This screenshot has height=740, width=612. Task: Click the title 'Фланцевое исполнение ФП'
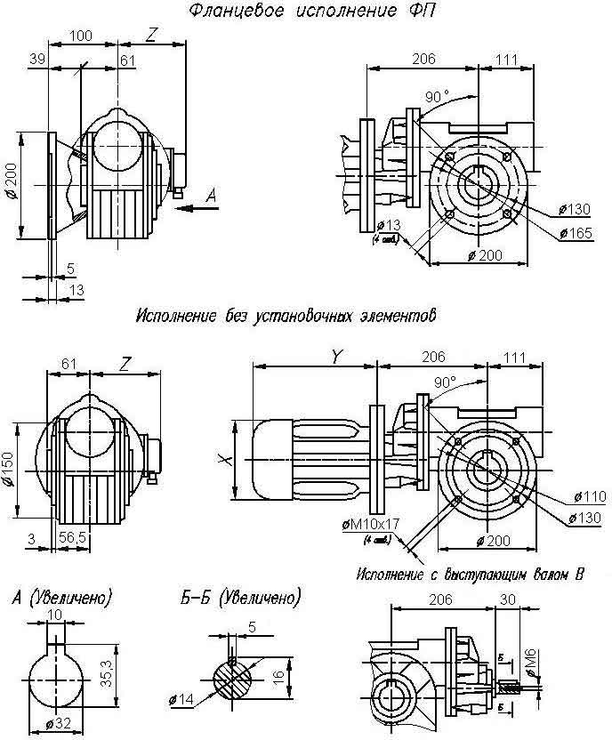(315, 12)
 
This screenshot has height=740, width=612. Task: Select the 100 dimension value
(81, 36)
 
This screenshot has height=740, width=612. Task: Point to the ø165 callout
(576, 233)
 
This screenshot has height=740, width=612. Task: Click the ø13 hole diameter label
(387, 223)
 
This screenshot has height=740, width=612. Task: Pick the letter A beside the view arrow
(210, 194)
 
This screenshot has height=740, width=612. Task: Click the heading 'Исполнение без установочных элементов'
(287, 316)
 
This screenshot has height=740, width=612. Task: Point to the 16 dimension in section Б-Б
(279, 675)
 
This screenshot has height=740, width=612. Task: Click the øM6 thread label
(529, 662)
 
